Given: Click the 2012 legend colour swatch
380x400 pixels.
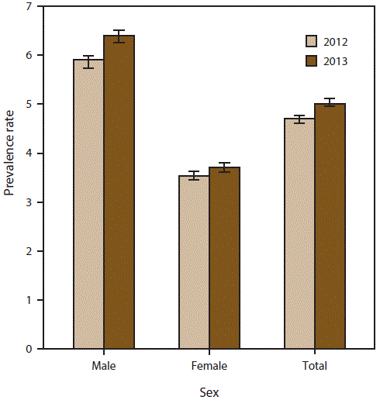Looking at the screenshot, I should pos(311,41).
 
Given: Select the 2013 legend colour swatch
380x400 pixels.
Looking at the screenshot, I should pos(311,60).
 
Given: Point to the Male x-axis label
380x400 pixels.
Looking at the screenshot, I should pos(104,365).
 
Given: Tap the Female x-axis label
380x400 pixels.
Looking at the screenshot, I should pos(209,365).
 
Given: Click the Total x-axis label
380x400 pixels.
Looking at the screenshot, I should pos(315,365).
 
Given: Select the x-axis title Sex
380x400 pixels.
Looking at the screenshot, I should pos(209,391).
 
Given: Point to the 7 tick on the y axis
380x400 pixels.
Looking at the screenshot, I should pos(29,7).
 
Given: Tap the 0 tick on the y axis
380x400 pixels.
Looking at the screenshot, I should pos(29,349).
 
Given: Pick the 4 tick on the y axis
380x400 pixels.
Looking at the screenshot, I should pos(29,153).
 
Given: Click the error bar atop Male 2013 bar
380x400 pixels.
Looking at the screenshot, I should pos(119,36).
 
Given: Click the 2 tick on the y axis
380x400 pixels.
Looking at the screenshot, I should pos(29,251).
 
